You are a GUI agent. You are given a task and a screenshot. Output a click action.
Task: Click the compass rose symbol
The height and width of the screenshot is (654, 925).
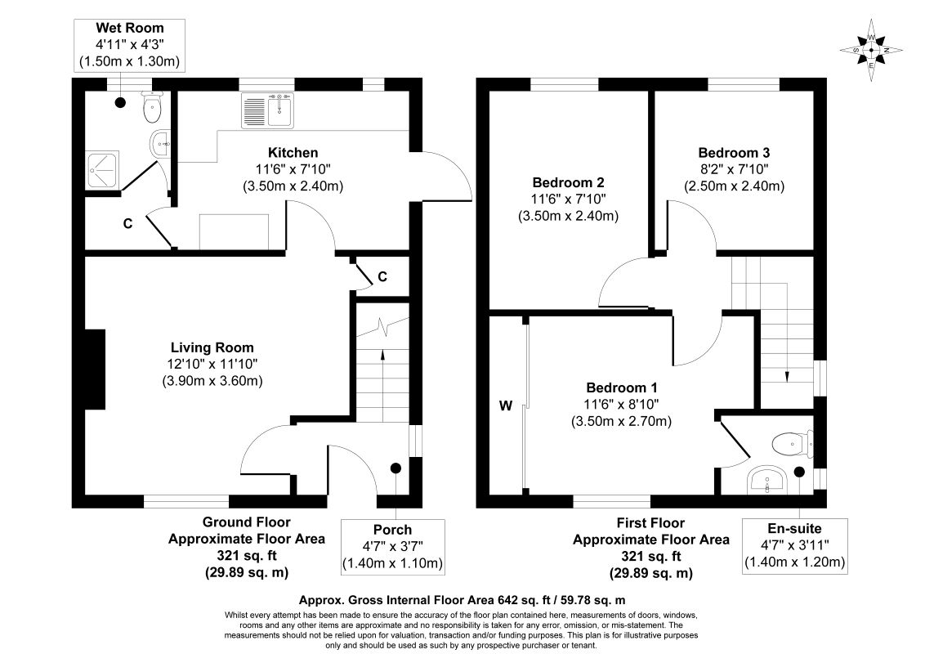click(871, 51)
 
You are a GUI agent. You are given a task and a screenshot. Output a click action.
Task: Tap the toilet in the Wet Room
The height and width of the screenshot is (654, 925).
click(152, 106)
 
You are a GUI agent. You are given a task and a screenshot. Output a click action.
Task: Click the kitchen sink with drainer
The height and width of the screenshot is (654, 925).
click(268, 110)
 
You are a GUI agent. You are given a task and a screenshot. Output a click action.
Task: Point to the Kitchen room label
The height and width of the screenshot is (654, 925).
click(293, 153)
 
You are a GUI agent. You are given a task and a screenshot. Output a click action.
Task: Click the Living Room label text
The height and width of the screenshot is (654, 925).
click(212, 347)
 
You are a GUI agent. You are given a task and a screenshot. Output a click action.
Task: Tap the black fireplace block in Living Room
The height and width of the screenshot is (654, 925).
click(95, 369)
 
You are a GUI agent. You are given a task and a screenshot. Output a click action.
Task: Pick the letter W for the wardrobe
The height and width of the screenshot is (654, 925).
click(506, 405)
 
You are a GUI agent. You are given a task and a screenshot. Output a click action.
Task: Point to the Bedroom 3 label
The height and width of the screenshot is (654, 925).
click(734, 153)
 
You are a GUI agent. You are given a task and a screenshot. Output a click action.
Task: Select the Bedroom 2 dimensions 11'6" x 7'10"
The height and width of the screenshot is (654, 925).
click(569, 199)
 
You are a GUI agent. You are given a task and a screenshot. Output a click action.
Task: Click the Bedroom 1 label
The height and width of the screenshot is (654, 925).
click(622, 387)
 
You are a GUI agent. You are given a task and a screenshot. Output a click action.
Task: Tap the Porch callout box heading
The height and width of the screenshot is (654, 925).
click(392, 530)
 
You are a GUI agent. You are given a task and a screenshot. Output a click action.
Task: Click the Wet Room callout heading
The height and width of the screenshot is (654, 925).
click(130, 28)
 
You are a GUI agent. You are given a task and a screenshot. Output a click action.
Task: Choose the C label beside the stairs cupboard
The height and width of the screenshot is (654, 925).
click(382, 276)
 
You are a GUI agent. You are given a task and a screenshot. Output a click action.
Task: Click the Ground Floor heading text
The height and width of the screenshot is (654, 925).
click(247, 522)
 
